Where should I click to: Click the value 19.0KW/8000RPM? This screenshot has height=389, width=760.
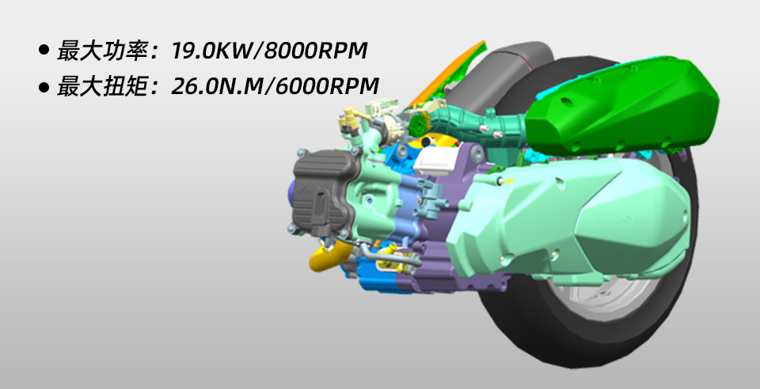pyautogui.click(x=269, y=51)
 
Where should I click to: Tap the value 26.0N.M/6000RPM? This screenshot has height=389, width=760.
pyautogui.click(x=275, y=86)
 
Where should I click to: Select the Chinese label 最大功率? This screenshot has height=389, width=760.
pyautogui.click(x=103, y=51)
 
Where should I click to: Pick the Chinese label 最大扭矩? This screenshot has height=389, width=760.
pyautogui.click(x=103, y=86)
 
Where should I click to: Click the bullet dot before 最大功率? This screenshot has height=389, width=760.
pyautogui.click(x=44, y=51)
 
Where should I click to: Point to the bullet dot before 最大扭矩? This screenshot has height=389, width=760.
pyautogui.click(x=44, y=87)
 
